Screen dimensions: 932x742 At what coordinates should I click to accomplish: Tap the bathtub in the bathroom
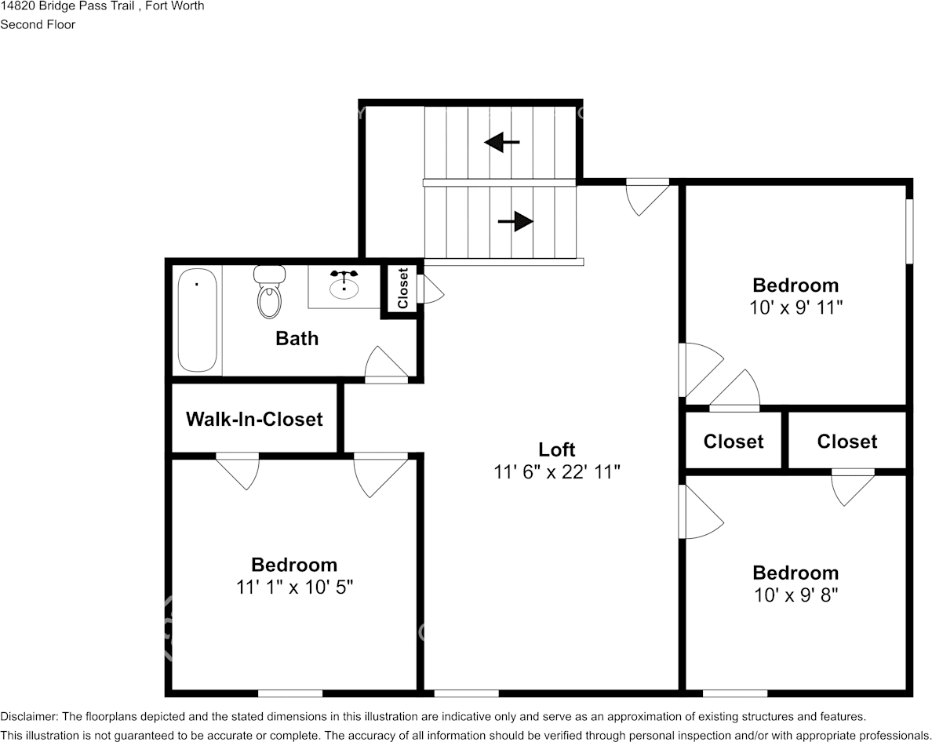(197, 320)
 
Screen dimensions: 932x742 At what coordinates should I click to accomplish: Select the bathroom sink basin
(344, 287)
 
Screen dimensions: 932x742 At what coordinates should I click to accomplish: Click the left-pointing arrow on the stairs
(501, 142)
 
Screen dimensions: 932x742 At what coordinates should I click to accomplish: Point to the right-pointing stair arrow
(515, 222)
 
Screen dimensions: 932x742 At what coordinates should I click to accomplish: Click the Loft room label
(557, 449)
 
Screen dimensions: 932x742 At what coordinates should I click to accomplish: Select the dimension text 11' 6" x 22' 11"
(557, 472)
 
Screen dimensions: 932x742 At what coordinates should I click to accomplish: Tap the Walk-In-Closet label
(254, 419)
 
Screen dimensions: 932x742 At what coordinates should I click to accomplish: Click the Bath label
(297, 338)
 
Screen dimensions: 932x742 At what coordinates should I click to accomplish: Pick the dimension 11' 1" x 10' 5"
(294, 587)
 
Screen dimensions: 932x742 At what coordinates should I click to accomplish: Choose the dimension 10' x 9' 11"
(795, 307)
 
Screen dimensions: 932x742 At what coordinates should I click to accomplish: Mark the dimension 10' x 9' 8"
(795, 595)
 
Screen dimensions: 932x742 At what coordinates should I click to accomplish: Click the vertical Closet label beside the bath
(402, 288)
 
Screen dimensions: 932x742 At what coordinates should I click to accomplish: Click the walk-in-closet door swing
(237, 471)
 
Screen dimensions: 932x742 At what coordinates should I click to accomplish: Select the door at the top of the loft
(648, 197)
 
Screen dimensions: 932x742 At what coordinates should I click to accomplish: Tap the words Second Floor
(38, 24)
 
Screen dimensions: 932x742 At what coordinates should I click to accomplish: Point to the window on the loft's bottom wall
(467, 693)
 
